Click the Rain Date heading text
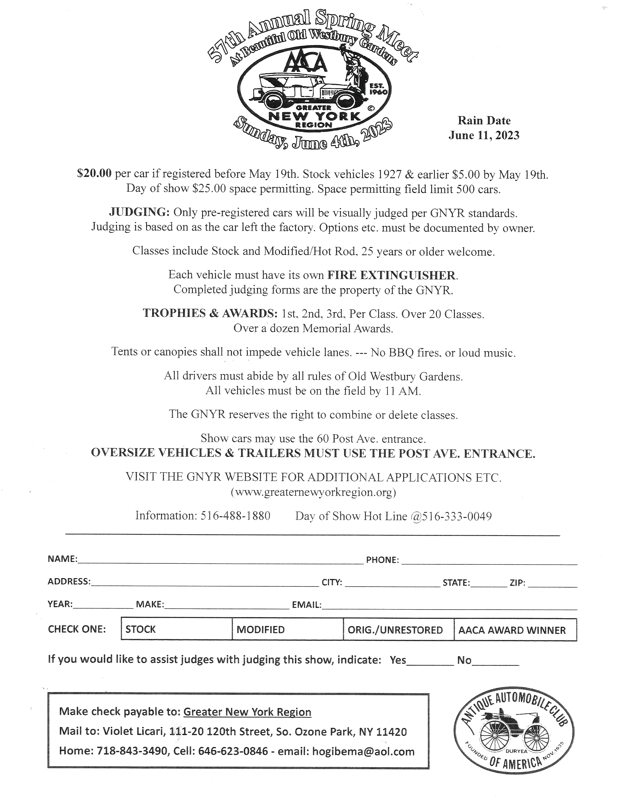click(484, 121)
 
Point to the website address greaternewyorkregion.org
click(313, 493)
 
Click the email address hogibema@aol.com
click(363, 751)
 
